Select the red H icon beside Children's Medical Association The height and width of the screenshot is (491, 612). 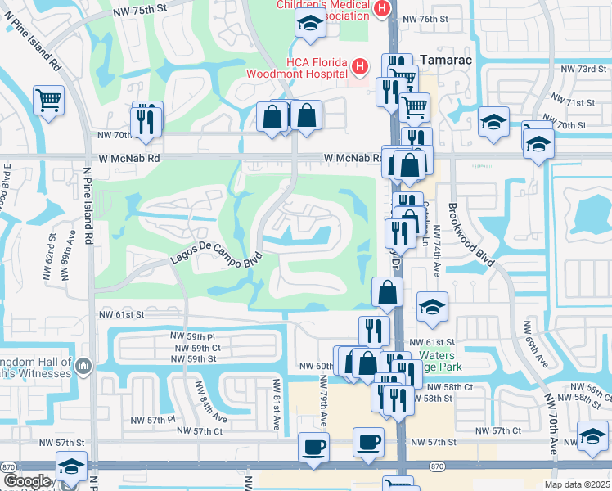(381, 8)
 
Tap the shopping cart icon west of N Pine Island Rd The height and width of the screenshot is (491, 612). (49, 100)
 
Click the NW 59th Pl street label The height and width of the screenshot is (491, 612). (192, 336)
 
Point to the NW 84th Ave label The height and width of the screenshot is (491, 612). (199, 399)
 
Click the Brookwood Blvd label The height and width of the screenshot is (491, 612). (471, 234)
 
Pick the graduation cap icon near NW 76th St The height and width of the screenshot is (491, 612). (310, 25)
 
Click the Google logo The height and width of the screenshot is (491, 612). (26, 480)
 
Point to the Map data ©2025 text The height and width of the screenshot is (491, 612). (576, 484)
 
